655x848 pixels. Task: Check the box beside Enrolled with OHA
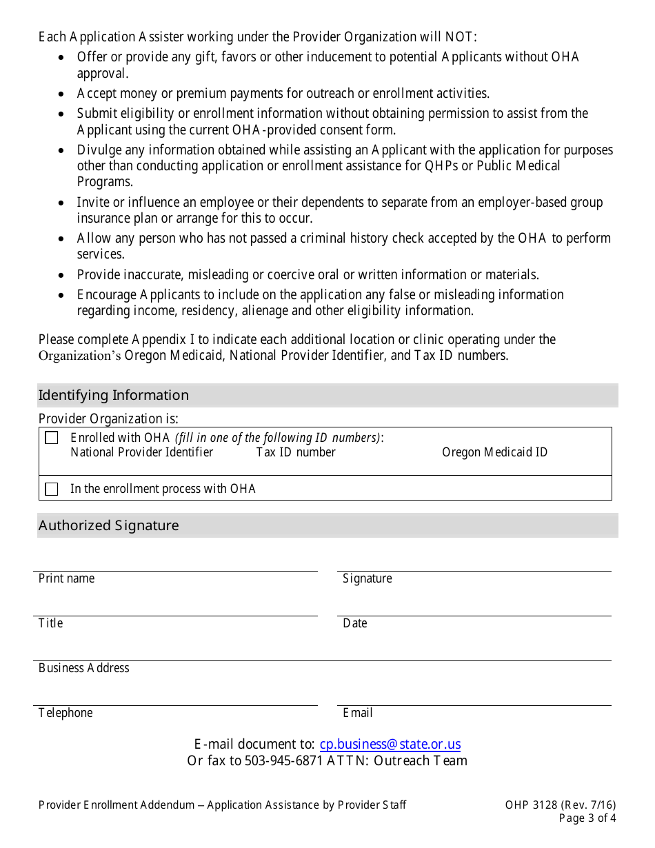click(x=52, y=438)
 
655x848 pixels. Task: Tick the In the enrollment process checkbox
click(x=52, y=489)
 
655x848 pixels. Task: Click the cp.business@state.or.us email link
click(x=390, y=745)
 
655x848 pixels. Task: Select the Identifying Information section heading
click(x=114, y=395)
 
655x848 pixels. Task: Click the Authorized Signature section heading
click(x=109, y=525)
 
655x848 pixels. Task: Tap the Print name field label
click(x=67, y=578)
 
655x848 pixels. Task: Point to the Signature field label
click(x=367, y=578)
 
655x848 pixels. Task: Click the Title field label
click(x=51, y=623)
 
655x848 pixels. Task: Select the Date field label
click(x=355, y=623)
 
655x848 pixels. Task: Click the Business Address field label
click(x=84, y=668)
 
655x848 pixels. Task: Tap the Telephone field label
click(x=65, y=713)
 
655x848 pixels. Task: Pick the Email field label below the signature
click(x=358, y=713)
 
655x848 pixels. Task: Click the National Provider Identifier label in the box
click(x=142, y=452)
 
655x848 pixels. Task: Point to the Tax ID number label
click(x=296, y=452)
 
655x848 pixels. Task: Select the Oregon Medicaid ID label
click(x=494, y=452)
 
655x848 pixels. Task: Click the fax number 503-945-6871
click(x=284, y=761)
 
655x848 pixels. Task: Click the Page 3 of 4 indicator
click(x=587, y=819)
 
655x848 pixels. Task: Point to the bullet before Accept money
click(x=62, y=94)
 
